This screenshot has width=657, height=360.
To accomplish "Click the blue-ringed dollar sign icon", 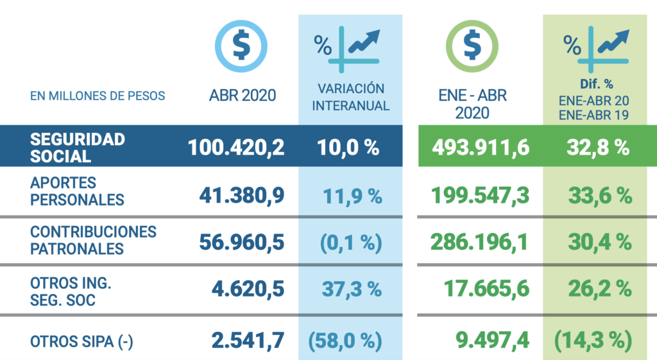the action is [x=241, y=46].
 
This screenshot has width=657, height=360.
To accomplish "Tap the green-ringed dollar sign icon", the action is [x=472, y=46].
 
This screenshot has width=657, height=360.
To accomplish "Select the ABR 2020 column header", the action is [x=243, y=96].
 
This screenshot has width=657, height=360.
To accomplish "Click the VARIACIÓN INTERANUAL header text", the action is [x=351, y=98].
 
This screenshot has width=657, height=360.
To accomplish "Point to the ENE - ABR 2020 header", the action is [x=472, y=104].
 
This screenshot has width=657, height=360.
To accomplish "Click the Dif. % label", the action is [x=596, y=84].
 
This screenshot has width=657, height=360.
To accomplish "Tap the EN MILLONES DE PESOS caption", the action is [x=98, y=96].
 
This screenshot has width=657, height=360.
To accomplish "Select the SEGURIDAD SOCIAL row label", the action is [x=78, y=148].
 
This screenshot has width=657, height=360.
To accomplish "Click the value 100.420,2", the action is [x=236, y=148].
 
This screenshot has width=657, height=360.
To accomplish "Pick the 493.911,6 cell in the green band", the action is [x=481, y=148].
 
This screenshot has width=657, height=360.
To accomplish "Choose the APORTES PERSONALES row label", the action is [x=77, y=191].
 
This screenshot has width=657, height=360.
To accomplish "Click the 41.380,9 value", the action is [x=242, y=195].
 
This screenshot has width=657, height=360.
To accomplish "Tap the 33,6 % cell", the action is [x=600, y=196].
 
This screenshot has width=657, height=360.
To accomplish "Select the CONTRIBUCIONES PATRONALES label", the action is [x=93, y=240].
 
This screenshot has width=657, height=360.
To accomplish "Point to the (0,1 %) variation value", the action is [x=351, y=243].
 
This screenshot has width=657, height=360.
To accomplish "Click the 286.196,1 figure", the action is [x=480, y=242].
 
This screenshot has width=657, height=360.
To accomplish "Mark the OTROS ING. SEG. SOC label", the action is [x=71, y=292].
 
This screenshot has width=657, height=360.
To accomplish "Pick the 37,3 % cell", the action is [x=352, y=289].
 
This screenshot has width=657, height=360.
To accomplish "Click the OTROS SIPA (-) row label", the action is [x=81, y=341].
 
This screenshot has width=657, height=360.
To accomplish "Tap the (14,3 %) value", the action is [x=593, y=340].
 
